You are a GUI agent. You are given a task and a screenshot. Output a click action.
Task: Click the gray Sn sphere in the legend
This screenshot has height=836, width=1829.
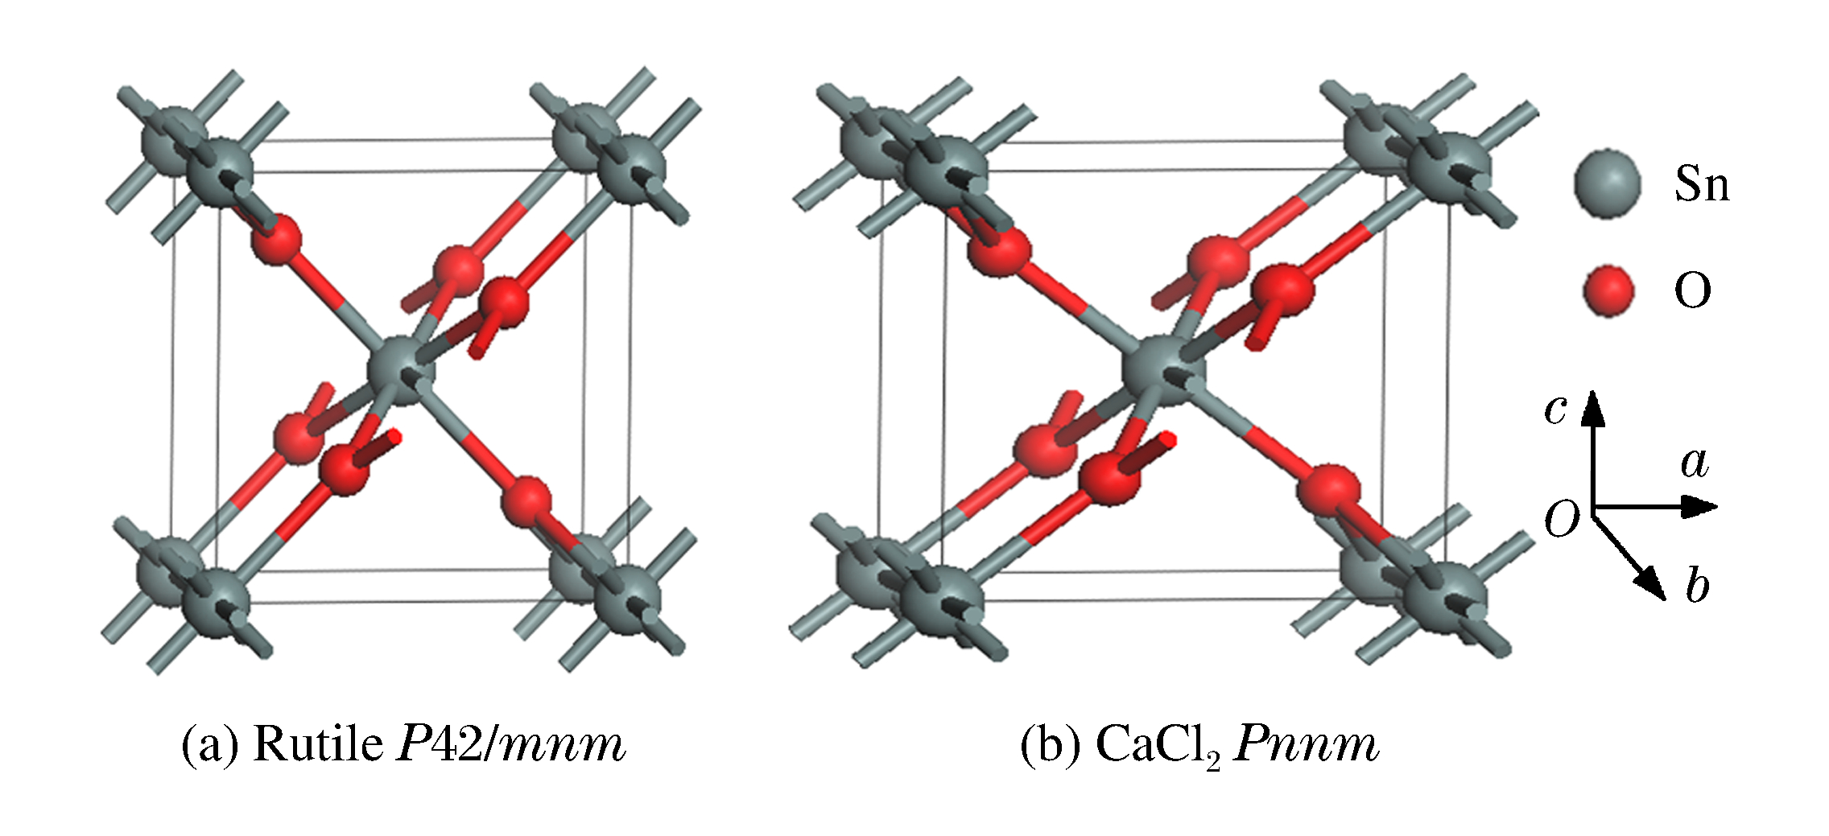[1607, 183]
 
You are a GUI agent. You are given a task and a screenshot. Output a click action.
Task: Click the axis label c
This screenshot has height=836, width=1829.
[1555, 409]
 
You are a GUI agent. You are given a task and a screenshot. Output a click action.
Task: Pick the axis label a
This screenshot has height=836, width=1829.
[1694, 463]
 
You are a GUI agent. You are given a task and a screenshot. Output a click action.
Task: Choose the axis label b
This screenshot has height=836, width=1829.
[1697, 585]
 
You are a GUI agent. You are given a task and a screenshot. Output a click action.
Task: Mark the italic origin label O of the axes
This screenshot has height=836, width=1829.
[1562, 519]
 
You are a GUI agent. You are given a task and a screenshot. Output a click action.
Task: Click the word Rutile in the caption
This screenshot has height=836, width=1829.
[318, 744]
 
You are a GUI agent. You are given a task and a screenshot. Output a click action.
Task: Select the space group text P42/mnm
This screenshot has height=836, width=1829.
[512, 744]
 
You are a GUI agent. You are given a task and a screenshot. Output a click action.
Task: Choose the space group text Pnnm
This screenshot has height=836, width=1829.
[1307, 744]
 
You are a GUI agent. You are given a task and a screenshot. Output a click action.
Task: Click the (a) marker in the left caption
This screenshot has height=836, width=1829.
[209, 744]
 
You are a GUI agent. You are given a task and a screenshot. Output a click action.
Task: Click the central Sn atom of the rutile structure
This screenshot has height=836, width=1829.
[401, 372]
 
